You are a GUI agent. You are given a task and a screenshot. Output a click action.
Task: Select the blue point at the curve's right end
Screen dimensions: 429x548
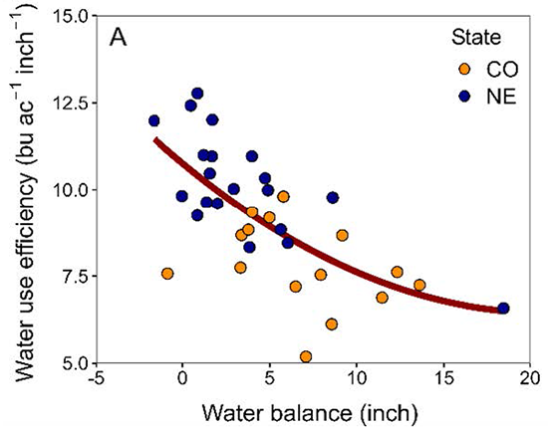(503, 309)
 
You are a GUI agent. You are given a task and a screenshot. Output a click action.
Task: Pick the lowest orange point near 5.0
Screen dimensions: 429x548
(305, 356)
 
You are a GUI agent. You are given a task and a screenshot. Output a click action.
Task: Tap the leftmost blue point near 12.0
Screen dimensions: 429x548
(154, 120)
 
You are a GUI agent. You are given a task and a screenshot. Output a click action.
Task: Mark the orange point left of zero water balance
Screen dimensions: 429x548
(167, 274)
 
